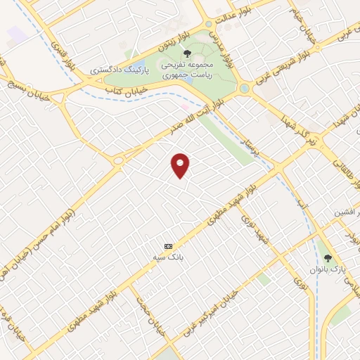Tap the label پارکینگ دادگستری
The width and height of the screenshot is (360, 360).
click(x=120, y=71)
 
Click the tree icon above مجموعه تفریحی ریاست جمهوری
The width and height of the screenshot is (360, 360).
click(x=186, y=53)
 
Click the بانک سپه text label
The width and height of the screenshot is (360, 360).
click(x=168, y=257)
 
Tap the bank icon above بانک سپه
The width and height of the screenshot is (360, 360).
click(x=168, y=246)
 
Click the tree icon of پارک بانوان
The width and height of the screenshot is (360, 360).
click(x=327, y=257)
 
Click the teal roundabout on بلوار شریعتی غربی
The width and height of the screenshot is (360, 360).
click(x=244, y=89)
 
